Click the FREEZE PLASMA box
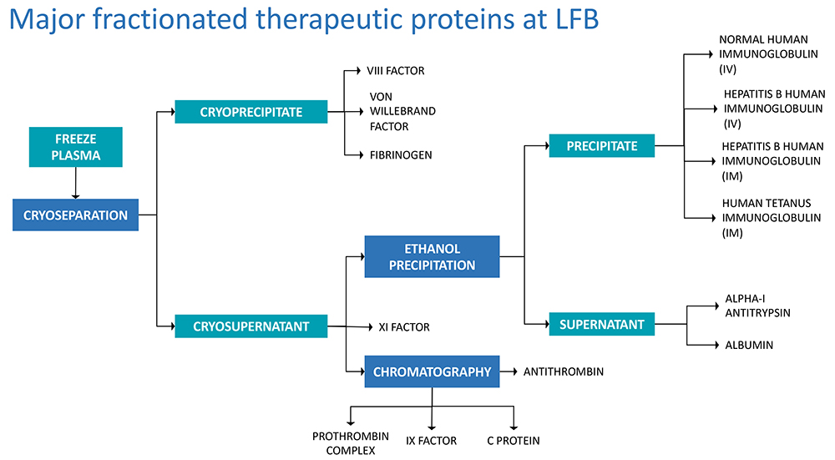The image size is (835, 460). pos(76,146)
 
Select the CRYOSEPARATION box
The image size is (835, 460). pos(75,215)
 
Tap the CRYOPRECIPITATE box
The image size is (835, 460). pos(250,111)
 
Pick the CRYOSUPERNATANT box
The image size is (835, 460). pos(250,326)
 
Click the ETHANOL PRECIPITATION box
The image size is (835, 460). pos(432,256)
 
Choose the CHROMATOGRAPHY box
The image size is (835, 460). pos(432,372)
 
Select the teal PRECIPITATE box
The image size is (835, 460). pos(601,145)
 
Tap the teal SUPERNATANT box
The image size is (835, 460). pos(601,323)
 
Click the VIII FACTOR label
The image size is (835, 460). pos(396,71)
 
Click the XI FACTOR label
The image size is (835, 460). pos(404,327)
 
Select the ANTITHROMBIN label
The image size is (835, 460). pos(563,372)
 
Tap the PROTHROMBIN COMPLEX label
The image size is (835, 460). pos(344,443)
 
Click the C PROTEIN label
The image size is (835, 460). pos(513,440)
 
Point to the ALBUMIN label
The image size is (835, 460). pos(749,345)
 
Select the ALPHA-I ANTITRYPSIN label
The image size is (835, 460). pos(757,306)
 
